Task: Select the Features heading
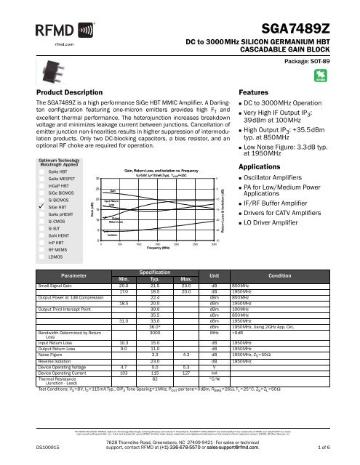[x=254, y=94]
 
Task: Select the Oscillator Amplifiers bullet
[x=276, y=178]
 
